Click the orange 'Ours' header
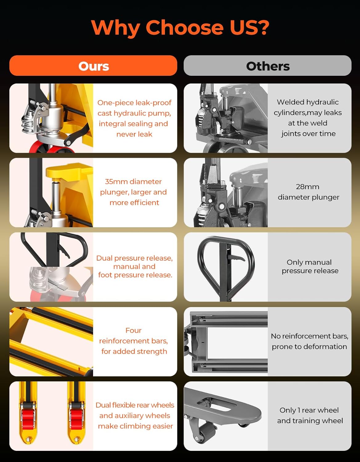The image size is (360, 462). [93, 66]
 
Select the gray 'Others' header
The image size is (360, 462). [267, 66]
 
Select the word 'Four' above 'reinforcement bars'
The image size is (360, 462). [133, 330]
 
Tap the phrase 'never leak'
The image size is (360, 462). [134, 134]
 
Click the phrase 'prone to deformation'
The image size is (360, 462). [309, 346]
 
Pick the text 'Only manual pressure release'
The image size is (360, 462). [309, 266]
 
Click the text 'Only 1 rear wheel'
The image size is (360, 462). [309, 410]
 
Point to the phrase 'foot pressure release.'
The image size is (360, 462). [135, 275]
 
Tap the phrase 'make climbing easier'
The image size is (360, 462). [135, 426]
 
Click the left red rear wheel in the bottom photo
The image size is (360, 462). [27, 419]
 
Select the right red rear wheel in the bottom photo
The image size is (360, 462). [76, 419]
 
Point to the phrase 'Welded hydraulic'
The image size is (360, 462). [307, 102]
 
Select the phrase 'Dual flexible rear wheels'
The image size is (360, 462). [135, 405]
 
